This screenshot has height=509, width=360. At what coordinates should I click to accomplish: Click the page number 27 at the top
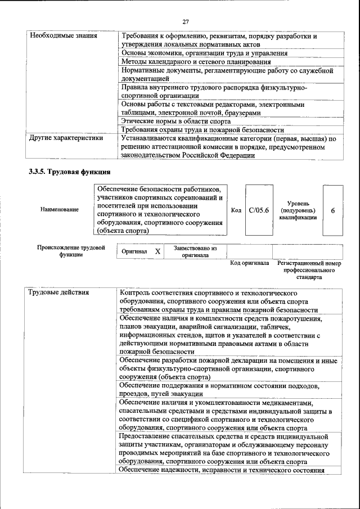tap(186, 21)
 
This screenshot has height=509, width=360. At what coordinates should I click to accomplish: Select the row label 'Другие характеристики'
tap(66, 138)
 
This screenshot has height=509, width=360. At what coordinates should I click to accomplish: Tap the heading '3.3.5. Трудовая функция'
tap(69, 172)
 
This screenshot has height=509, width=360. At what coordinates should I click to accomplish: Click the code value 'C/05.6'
tap(259, 210)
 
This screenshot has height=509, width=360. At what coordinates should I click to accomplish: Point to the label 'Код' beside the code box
tap(236, 210)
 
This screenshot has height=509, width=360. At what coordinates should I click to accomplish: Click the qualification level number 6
tap(333, 210)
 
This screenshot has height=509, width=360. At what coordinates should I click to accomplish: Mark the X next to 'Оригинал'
tap(158, 252)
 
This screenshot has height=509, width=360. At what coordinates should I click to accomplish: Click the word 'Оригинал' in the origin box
tap(134, 252)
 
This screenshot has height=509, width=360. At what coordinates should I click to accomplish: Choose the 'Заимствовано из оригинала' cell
tap(195, 251)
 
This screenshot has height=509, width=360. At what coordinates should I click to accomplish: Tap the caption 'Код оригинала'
tap(250, 263)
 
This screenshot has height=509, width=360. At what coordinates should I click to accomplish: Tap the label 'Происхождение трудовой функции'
tap(71, 251)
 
